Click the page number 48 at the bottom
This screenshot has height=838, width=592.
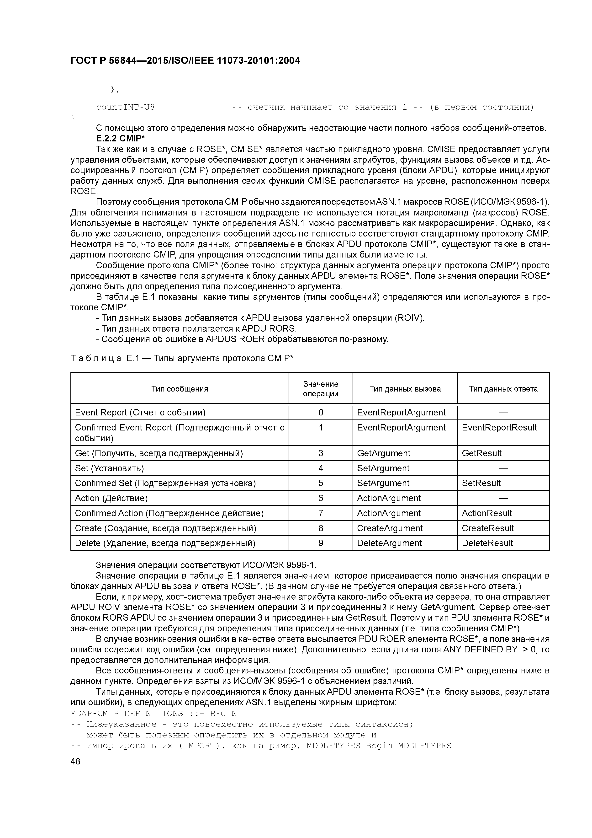click(75, 761)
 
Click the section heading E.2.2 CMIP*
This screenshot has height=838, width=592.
click(120, 139)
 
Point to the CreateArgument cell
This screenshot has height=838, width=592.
click(390, 528)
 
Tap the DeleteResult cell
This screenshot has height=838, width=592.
click(487, 543)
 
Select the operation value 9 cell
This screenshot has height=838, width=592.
click(321, 543)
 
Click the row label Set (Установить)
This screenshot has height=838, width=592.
click(109, 468)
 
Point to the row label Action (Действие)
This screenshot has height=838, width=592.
click(111, 498)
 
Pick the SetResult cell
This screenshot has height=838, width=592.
click(481, 483)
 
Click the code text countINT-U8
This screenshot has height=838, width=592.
click(125, 107)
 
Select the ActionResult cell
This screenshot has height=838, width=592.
click(486, 513)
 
